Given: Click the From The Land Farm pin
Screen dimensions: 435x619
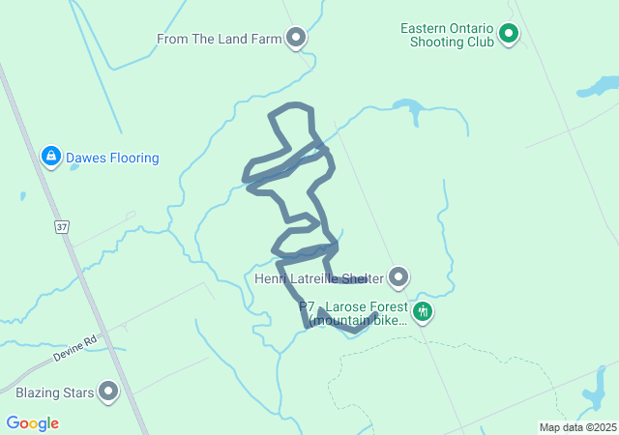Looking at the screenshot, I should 297,39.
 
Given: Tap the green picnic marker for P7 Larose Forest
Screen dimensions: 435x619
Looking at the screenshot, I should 422,311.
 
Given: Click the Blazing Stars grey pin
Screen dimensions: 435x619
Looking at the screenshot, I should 108,392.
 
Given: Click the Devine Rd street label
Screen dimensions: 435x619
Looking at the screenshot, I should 77,349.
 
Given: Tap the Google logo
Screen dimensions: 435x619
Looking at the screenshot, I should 32,423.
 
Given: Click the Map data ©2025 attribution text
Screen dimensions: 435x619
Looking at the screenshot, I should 576,427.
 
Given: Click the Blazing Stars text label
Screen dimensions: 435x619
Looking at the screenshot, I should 54,393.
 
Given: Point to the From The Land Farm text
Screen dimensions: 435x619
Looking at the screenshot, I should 219,40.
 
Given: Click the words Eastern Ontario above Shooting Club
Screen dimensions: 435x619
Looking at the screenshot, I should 447,27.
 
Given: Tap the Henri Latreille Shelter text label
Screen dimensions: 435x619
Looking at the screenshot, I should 318,279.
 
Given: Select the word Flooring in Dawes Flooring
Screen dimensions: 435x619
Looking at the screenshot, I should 133,158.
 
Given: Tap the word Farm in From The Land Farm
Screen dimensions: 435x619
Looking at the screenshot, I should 267,40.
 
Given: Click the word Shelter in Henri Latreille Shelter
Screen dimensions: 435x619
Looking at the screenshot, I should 360,279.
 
